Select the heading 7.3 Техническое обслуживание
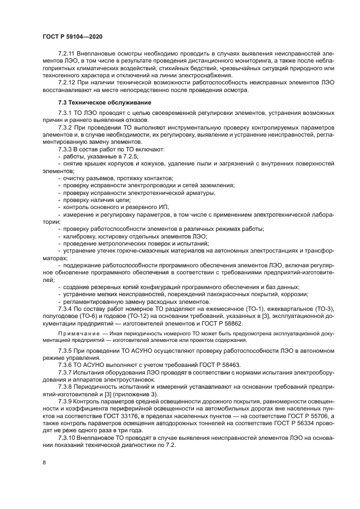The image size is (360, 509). tap(96, 103)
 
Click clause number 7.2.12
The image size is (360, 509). tap(67, 82)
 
